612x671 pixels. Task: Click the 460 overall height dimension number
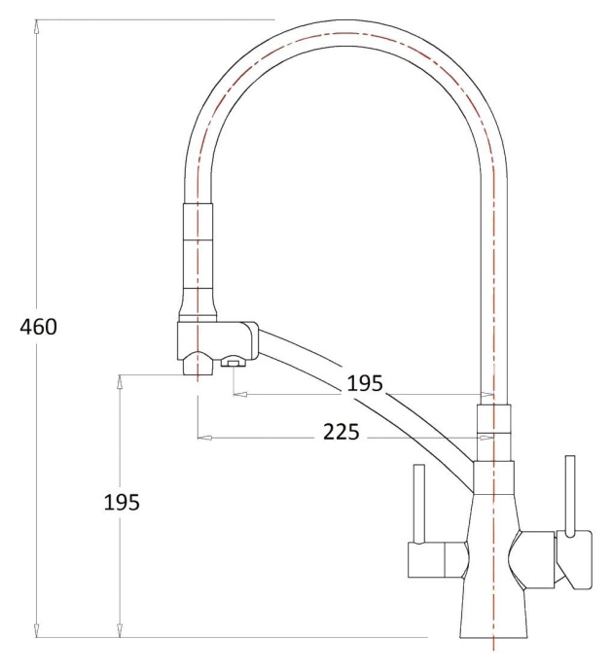pos(39,327)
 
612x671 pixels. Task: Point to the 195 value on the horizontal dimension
pos(366,383)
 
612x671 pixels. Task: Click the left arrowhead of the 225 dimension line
pos(203,438)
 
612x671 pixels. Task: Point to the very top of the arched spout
pos(346,32)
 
